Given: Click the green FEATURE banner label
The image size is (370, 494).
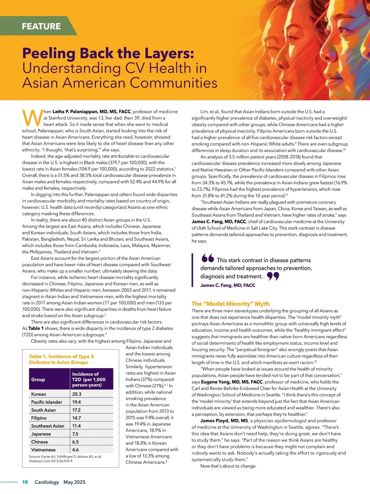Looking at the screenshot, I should coord(41,26).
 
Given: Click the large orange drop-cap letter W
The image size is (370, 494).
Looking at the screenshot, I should coord(32,118).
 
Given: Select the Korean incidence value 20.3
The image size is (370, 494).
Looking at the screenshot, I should coord(77,394).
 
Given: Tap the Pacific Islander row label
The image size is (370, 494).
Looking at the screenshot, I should coord(47,402).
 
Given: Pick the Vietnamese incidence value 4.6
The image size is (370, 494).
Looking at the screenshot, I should coord(76,450).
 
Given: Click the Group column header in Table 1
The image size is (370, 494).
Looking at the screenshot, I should coord(38,379).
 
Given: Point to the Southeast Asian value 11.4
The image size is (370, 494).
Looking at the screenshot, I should coord(76,426).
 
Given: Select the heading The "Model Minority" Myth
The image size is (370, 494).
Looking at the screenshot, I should coord(230,304).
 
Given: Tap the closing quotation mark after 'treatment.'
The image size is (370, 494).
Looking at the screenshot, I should coord(273,276).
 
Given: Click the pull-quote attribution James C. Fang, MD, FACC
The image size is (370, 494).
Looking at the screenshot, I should coord(228,285).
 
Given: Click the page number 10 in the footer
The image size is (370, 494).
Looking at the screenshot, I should coord(25,482).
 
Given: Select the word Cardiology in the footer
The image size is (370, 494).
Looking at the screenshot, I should coord(47,482).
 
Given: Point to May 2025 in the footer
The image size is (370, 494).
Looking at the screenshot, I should coord(74,482).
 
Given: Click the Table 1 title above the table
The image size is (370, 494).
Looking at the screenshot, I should coord(61,359).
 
